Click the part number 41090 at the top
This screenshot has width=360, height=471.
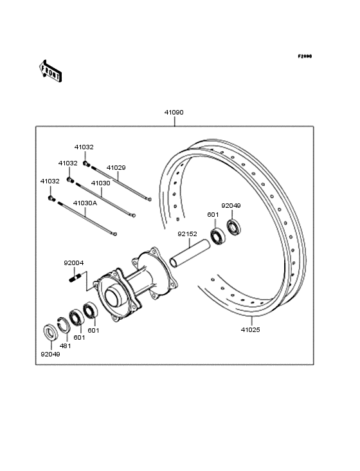coord(174,113)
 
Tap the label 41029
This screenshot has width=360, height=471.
coord(116,167)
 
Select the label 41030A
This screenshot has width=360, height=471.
coord(85,203)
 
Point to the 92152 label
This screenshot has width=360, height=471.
coord(188,235)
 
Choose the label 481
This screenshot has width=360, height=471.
coord(65,346)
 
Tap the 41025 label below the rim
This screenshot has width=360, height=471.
coord(251,329)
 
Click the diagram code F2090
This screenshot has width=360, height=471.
coord(304,57)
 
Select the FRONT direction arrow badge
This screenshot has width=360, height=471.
coord(51,70)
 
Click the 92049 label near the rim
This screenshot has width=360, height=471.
coord(231,206)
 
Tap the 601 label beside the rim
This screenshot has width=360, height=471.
coord(213,215)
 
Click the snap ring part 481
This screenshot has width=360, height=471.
coord(64,326)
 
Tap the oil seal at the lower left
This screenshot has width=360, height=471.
coord(50,333)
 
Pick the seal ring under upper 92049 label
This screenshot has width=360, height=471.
coord(233,228)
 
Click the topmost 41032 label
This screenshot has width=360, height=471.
coord(84,147)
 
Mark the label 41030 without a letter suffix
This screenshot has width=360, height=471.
coord(100,183)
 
